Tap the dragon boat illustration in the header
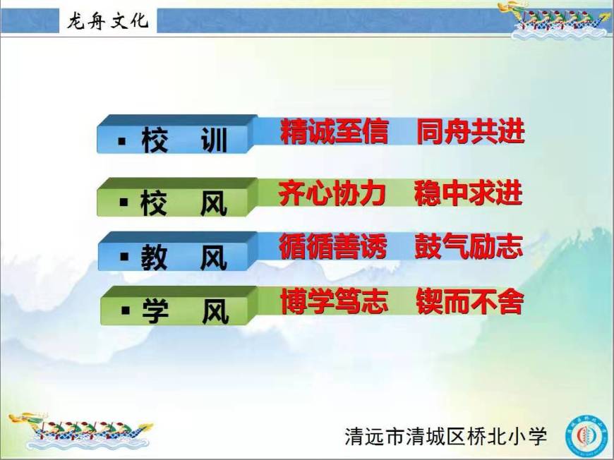559,20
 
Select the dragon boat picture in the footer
80,430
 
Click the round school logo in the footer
587,435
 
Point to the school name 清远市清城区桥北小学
445,436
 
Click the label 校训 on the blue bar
184,140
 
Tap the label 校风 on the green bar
183,202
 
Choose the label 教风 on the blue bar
184,258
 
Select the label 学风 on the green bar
186,311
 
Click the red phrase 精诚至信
335,131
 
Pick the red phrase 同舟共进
470,131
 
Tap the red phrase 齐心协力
332,193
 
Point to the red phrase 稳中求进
469,193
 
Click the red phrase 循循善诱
333,246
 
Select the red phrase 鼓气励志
469,246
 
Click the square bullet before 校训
122,141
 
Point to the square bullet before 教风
124,257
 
